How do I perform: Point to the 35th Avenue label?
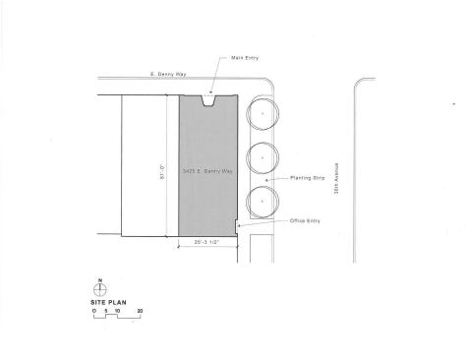(334, 177)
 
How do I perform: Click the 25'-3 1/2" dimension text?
(207, 240)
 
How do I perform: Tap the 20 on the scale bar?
(140, 311)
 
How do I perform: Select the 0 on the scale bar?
(94, 311)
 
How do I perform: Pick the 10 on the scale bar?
(117, 311)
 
